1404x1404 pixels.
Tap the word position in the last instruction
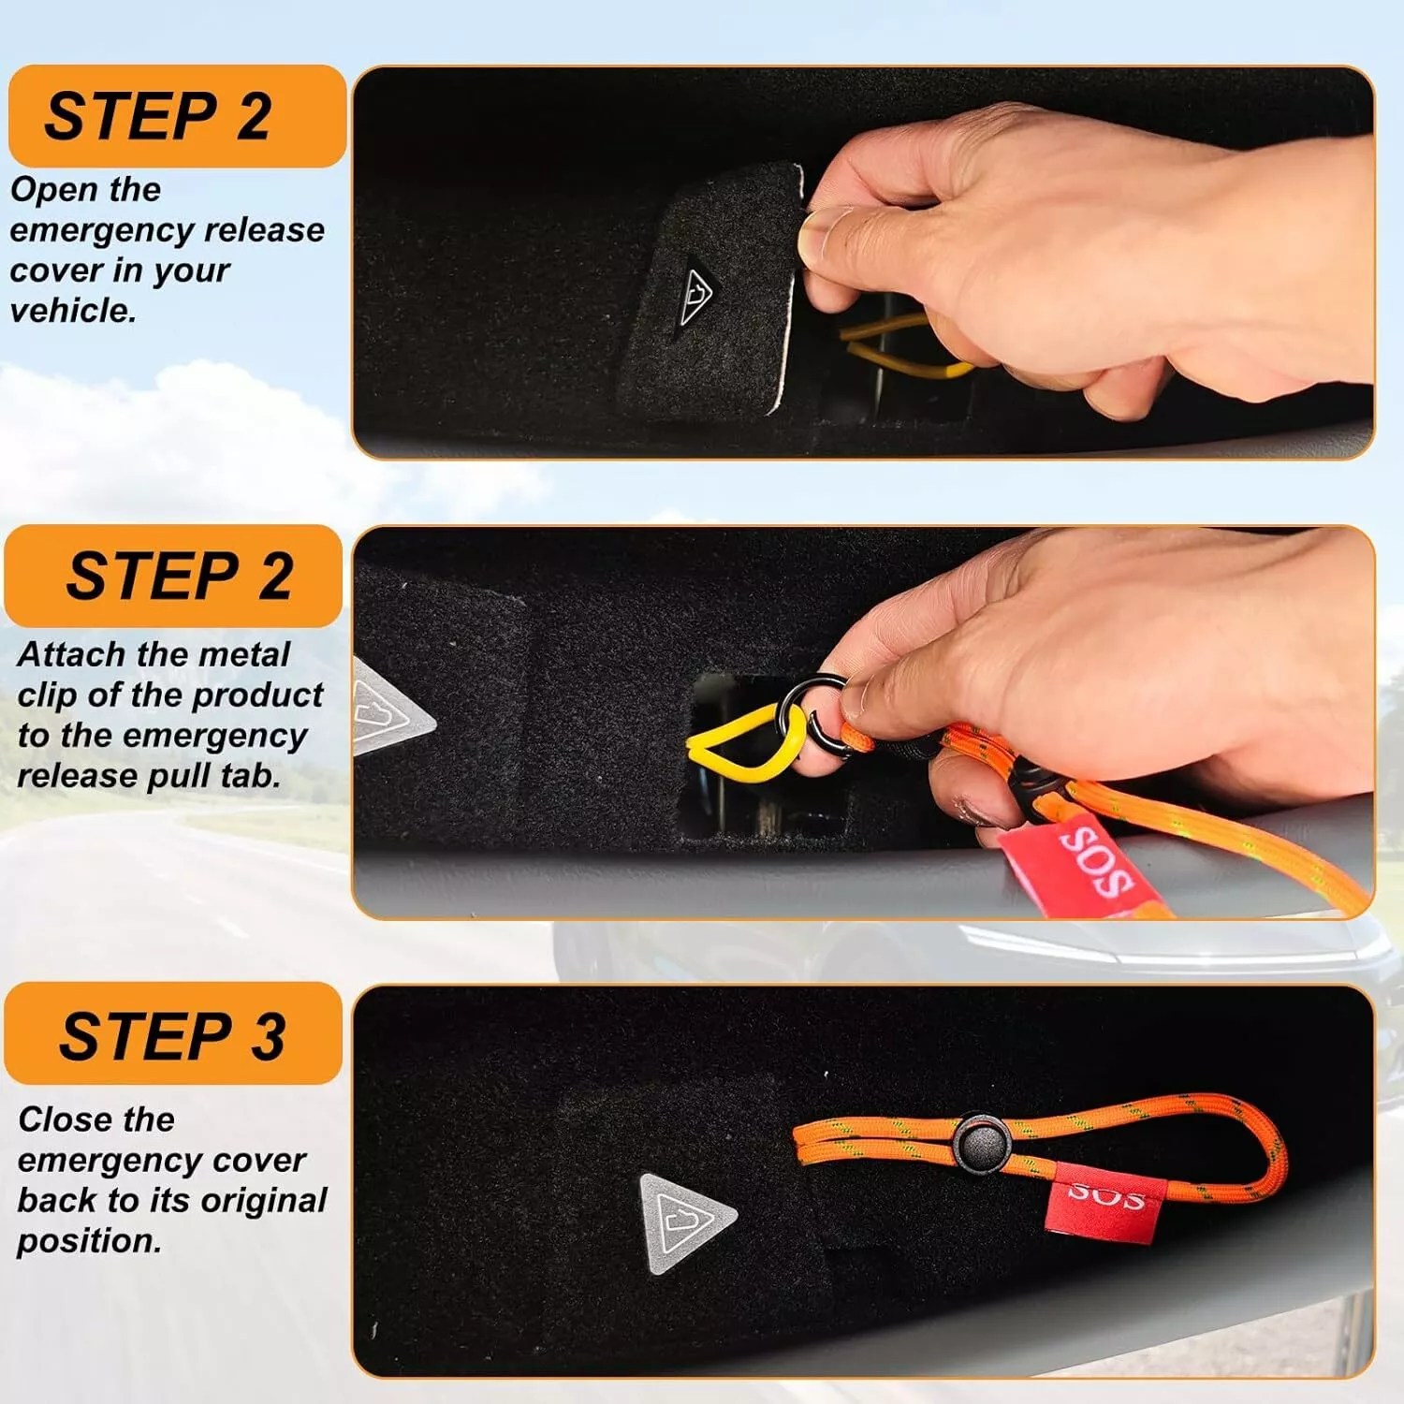click(88, 1242)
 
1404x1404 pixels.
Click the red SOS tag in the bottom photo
click(1106, 1203)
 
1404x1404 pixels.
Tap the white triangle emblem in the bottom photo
click(686, 1224)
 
